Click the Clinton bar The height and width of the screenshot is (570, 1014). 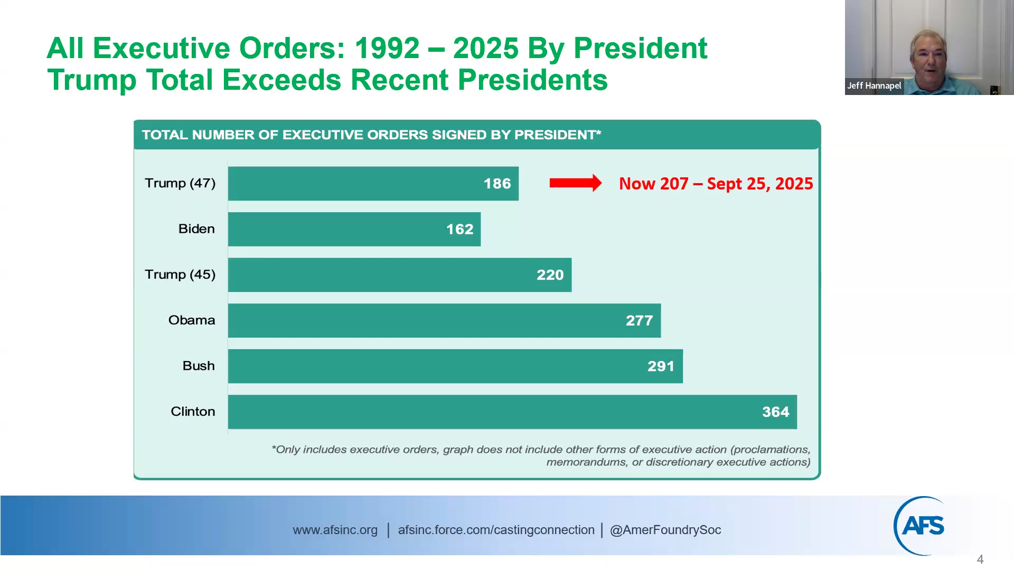[512, 412]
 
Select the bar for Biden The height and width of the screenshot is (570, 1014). [354, 229]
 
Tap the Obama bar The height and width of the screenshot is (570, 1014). [444, 320]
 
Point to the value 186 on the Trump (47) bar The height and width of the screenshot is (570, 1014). [497, 184]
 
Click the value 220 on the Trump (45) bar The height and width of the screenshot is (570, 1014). [550, 275]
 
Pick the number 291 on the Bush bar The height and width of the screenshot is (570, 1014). [661, 366]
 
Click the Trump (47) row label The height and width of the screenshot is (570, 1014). [180, 183]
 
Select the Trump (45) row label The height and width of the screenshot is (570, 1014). [180, 274]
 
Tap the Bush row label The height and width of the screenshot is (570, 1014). [199, 366]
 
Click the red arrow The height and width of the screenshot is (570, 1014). [575, 183]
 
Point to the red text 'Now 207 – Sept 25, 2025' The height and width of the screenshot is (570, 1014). [716, 184]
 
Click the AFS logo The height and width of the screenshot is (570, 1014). [922, 526]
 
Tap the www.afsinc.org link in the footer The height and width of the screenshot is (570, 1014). [335, 530]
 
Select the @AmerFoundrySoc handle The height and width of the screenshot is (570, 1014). [665, 530]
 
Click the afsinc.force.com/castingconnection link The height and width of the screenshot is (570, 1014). [496, 530]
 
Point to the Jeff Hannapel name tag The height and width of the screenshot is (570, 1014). [874, 85]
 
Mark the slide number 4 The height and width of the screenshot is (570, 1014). [980, 559]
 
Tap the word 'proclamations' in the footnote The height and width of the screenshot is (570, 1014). [771, 450]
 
